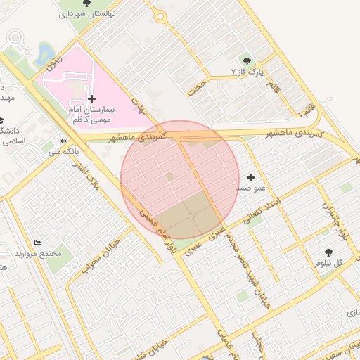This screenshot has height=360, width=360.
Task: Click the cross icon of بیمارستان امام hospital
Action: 92,98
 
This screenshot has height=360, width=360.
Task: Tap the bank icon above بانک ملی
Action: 65,140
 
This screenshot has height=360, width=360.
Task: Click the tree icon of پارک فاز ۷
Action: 246,61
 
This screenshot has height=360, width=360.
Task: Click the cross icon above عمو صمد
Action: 250,178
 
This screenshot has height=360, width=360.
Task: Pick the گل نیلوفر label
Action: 329,263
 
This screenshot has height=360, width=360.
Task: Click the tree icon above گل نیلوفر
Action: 329,252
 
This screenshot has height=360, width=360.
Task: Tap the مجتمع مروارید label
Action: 39,253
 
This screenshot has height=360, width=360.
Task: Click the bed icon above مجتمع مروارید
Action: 38,243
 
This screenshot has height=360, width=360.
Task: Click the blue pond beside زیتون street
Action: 44,53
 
